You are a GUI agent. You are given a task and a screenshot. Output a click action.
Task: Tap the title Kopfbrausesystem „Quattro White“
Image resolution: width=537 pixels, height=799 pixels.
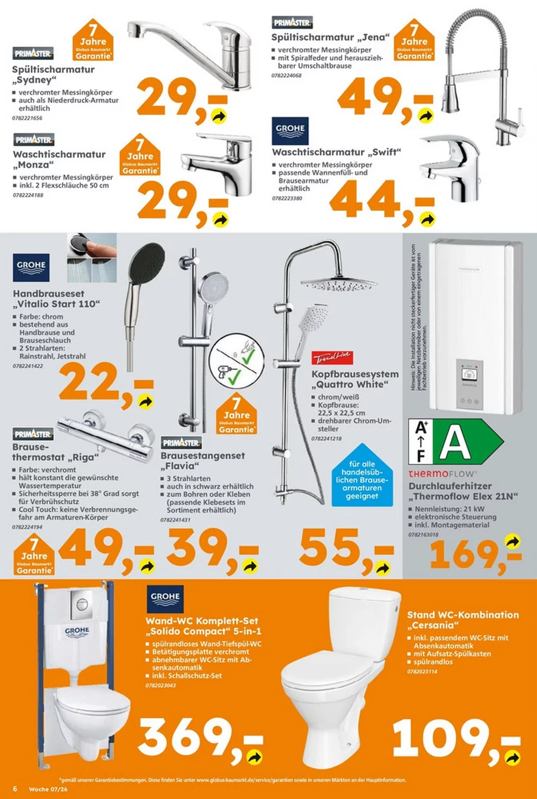355,379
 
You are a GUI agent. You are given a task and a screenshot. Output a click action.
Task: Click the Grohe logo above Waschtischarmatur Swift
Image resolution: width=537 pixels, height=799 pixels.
290,130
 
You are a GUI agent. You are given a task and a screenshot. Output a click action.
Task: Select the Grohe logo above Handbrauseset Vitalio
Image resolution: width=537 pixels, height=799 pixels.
31,267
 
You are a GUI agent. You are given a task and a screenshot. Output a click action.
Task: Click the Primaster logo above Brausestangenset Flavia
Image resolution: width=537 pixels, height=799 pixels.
182,443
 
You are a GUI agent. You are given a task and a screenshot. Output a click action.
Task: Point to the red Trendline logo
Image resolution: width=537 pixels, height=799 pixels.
332,358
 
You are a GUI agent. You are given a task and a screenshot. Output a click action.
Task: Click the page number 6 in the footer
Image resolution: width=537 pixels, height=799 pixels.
15,789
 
